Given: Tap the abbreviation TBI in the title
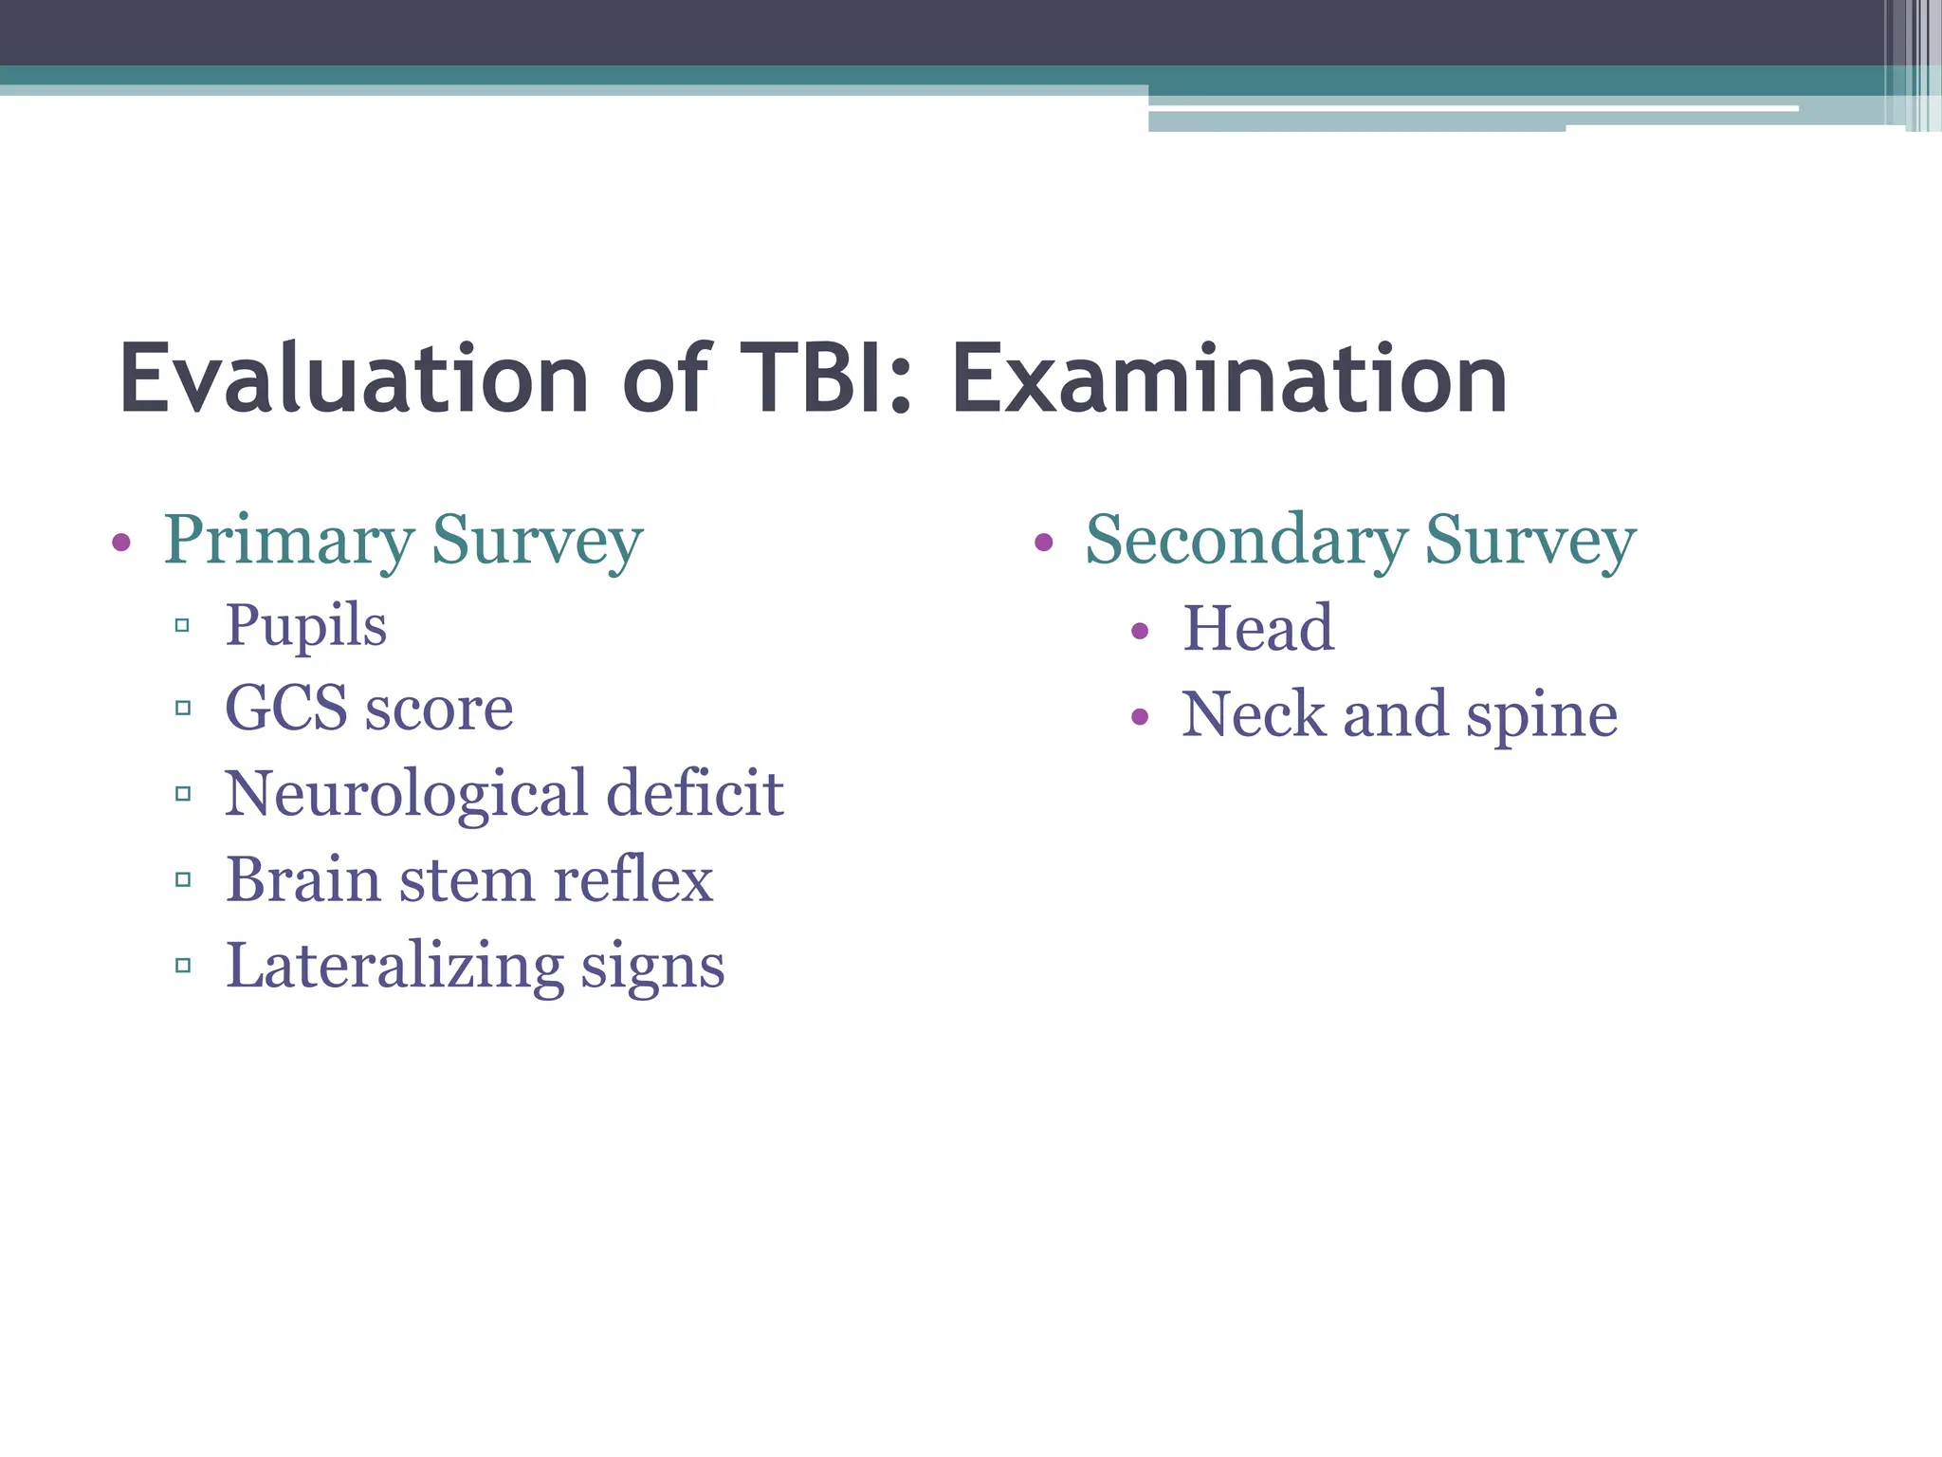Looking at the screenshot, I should coord(825,379).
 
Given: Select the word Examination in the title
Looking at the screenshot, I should coord(1229,379).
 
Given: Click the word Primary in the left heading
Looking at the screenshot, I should coord(288,541).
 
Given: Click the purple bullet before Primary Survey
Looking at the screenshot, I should coord(120,543).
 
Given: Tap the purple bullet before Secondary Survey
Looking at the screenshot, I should coord(1043,543).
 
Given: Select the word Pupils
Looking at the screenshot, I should coord(305,627).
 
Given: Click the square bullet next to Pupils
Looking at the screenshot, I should coord(183,625).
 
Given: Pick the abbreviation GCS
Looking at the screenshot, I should coord(286,709).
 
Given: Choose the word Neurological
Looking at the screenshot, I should coord(406,794).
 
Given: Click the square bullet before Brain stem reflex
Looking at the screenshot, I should coord(183,880).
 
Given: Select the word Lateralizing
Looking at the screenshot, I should coord(394,967).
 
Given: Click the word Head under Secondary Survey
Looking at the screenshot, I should coord(1258,629).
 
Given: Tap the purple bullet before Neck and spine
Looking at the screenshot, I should coord(1140,716).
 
